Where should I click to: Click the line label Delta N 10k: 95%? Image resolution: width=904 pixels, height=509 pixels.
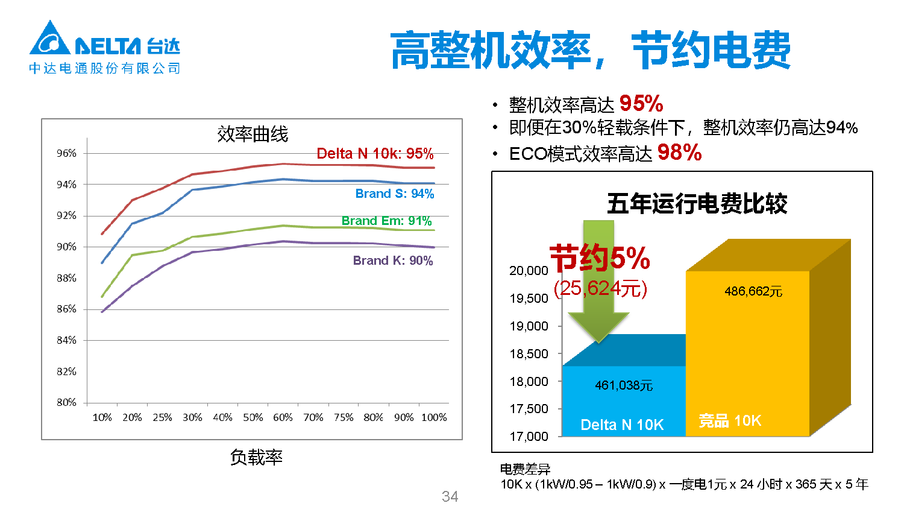click(375, 154)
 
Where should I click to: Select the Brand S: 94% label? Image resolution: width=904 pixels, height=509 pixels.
click(394, 194)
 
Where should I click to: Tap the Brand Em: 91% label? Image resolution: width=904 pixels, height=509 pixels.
click(386, 221)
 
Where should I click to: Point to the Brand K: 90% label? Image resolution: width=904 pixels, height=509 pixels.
click(392, 261)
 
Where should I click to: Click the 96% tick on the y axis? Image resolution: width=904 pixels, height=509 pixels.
click(67, 153)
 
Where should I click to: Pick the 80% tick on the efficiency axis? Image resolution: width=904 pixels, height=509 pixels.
click(67, 402)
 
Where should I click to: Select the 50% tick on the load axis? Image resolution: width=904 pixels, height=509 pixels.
click(253, 417)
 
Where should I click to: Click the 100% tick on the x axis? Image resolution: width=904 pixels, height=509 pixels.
click(434, 417)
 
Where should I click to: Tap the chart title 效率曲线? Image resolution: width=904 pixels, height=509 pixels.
click(253, 134)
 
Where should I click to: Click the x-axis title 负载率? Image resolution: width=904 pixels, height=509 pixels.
click(256, 457)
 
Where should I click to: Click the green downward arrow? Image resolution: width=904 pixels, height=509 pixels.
click(598, 283)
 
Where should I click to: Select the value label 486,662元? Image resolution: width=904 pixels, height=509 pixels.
click(753, 292)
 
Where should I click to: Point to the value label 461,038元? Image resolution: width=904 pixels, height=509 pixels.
click(624, 385)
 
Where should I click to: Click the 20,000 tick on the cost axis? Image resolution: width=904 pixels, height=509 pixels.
click(529, 271)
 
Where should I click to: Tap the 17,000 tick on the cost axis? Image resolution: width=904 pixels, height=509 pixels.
click(529, 437)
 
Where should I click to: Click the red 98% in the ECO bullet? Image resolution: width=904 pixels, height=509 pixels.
click(679, 153)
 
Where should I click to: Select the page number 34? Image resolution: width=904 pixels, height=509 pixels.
click(450, 496)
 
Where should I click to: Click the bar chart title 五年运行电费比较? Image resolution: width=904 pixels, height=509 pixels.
click(697, 204)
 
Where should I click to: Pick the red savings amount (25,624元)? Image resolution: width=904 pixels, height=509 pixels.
click(600, 289)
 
